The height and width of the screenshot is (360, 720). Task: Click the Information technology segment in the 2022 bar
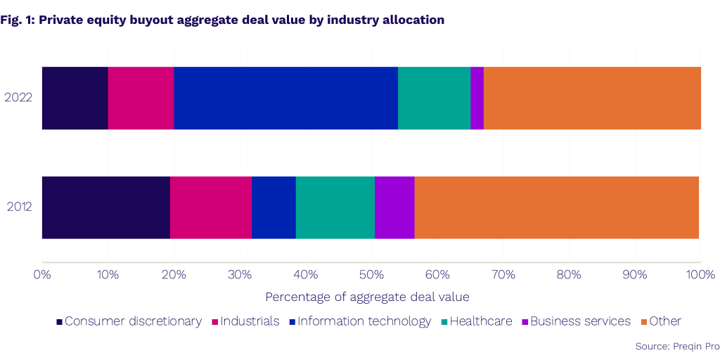pos(285,98)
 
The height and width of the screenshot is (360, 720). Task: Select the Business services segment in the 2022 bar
pos(477,98)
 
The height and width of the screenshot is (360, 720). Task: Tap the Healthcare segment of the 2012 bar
pos(335,207)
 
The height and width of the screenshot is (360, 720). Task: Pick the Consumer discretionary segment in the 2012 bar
pos(105,207)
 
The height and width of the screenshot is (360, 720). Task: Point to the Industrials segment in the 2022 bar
pos(141,98)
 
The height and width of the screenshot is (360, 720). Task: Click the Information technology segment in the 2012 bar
pos(274,207)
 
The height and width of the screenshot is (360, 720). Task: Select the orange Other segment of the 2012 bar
pos(556,207)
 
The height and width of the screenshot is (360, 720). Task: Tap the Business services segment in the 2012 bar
pos(394,207)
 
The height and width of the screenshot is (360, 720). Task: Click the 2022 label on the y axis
pos(18,98)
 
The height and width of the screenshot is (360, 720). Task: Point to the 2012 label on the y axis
pos(18,207)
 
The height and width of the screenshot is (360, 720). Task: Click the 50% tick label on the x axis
pos(371,274)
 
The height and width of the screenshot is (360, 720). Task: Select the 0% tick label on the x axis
pos(42,274)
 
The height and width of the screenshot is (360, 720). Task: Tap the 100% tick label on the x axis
pos(700,274)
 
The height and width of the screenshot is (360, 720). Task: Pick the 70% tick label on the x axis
pos(503,274)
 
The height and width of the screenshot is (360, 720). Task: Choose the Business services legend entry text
pos(580,321)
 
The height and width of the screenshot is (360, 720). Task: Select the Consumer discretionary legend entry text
pos(133,321)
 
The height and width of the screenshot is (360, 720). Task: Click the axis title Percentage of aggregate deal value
pos(367,297)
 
